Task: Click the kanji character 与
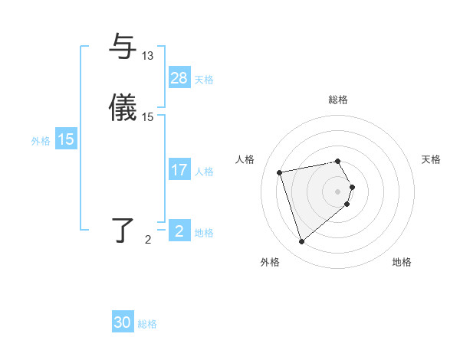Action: [x=123, y=46]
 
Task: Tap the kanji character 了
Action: [x=123, y=231]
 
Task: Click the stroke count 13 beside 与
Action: [x=148, y=56]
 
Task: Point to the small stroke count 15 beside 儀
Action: [x=148, y=117]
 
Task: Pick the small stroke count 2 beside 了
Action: [x=148, y=240]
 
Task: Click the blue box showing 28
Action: [x=179, y=77]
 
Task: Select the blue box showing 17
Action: [x=179, y=170]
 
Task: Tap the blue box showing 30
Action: [x=123, y=322]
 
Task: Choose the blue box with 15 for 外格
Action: [x=66, y=139]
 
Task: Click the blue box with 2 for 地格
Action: [x=179, y=231]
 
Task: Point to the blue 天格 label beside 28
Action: [x=204, y=79]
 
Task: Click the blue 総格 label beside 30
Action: [x=147, y=324]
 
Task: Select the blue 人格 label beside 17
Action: [x=204, y=172]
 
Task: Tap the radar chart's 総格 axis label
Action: [x=338, y=100]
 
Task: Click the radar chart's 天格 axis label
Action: [x=431, y=159]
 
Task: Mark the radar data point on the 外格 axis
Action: [x=301, y=242]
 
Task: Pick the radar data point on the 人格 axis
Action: [x=280, y=172]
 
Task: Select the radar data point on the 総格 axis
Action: [x=338, y=161]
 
